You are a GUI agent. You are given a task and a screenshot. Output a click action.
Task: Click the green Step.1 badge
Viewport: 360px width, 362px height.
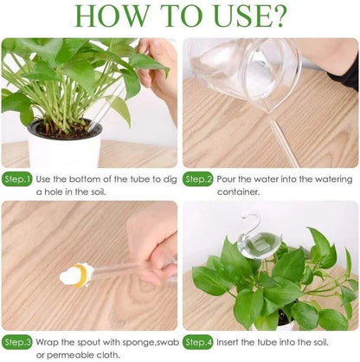(x=18, y=180)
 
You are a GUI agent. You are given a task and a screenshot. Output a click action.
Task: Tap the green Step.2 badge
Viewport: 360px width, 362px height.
(x=198, y=180)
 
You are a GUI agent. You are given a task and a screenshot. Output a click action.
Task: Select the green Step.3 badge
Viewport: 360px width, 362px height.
(x=18, y=342)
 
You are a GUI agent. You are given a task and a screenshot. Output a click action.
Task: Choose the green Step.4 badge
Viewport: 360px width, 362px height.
(x=198, y=342)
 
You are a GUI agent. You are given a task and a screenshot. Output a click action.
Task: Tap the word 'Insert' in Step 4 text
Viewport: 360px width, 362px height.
(x=230, y=341)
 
